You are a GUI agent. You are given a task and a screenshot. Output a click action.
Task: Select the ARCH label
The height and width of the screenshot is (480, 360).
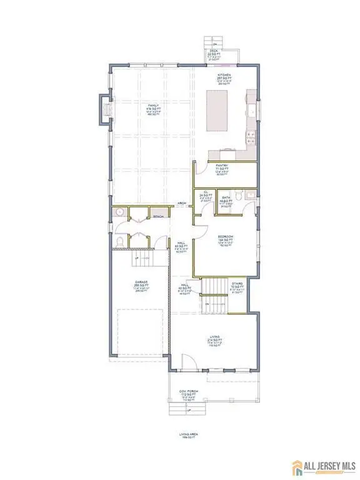tap(182, 203)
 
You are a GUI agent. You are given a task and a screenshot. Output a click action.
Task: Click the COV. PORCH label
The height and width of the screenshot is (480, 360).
tap(189, 392)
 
